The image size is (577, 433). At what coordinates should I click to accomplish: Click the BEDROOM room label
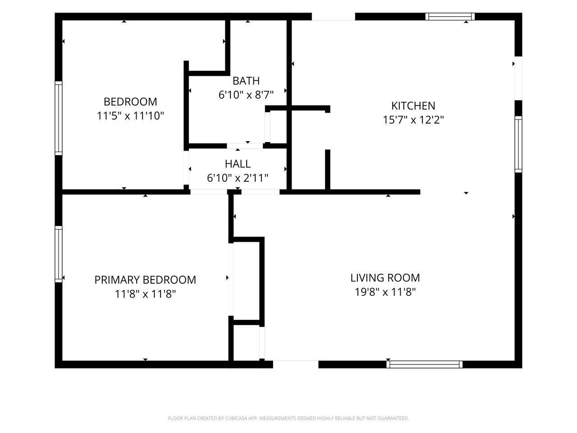coord(130,102)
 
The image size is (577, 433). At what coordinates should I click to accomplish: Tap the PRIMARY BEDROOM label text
coord(145,280)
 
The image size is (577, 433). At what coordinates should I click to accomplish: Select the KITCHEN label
coord(413,106)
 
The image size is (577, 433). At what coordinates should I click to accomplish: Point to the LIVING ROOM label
coord(385,278)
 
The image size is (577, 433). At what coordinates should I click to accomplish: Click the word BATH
coord(246,81)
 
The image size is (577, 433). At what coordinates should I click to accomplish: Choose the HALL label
coord(238,164)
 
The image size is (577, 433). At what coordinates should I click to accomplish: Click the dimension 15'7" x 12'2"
coord(413,120)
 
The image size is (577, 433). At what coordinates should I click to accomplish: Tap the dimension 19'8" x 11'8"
coord(385,292)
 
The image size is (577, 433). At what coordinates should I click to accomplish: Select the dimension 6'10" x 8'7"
coord(246,95)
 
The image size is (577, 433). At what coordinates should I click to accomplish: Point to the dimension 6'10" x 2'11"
coord(238,178)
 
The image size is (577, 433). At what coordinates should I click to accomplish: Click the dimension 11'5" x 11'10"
coord(130,115)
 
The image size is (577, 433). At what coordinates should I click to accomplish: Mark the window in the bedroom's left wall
coord(58,118)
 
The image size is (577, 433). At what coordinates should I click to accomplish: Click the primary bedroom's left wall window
coord(58,254)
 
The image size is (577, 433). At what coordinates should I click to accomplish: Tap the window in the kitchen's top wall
coord(450,17)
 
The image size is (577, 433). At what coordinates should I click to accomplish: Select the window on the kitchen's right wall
coord(518,144)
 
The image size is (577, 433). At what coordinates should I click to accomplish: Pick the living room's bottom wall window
coord(424,364)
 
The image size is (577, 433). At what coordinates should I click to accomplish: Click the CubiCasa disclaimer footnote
coord(288,418)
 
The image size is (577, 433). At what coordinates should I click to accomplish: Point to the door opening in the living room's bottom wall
coord(296,364)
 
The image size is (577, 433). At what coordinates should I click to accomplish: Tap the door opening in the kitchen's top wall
coord(333,17)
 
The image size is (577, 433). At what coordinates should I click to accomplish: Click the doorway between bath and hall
coord(245,146)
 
